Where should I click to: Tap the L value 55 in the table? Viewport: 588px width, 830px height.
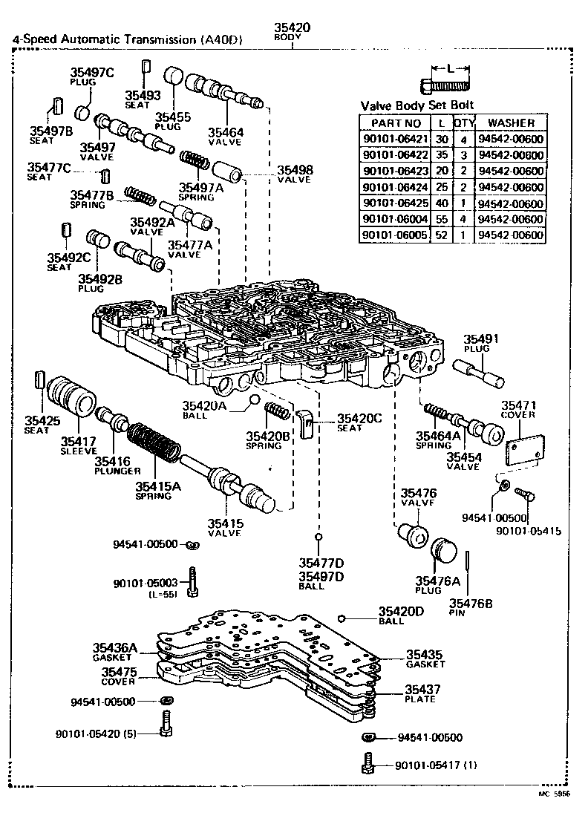(x=442, y=219)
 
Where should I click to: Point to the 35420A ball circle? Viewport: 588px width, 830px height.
(x=254, y=401)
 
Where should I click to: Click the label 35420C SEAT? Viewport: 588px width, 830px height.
(x=359, y=422)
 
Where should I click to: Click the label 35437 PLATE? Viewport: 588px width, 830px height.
(x=424, y=693)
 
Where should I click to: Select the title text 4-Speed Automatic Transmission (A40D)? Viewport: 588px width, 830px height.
(x=127, y=40)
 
